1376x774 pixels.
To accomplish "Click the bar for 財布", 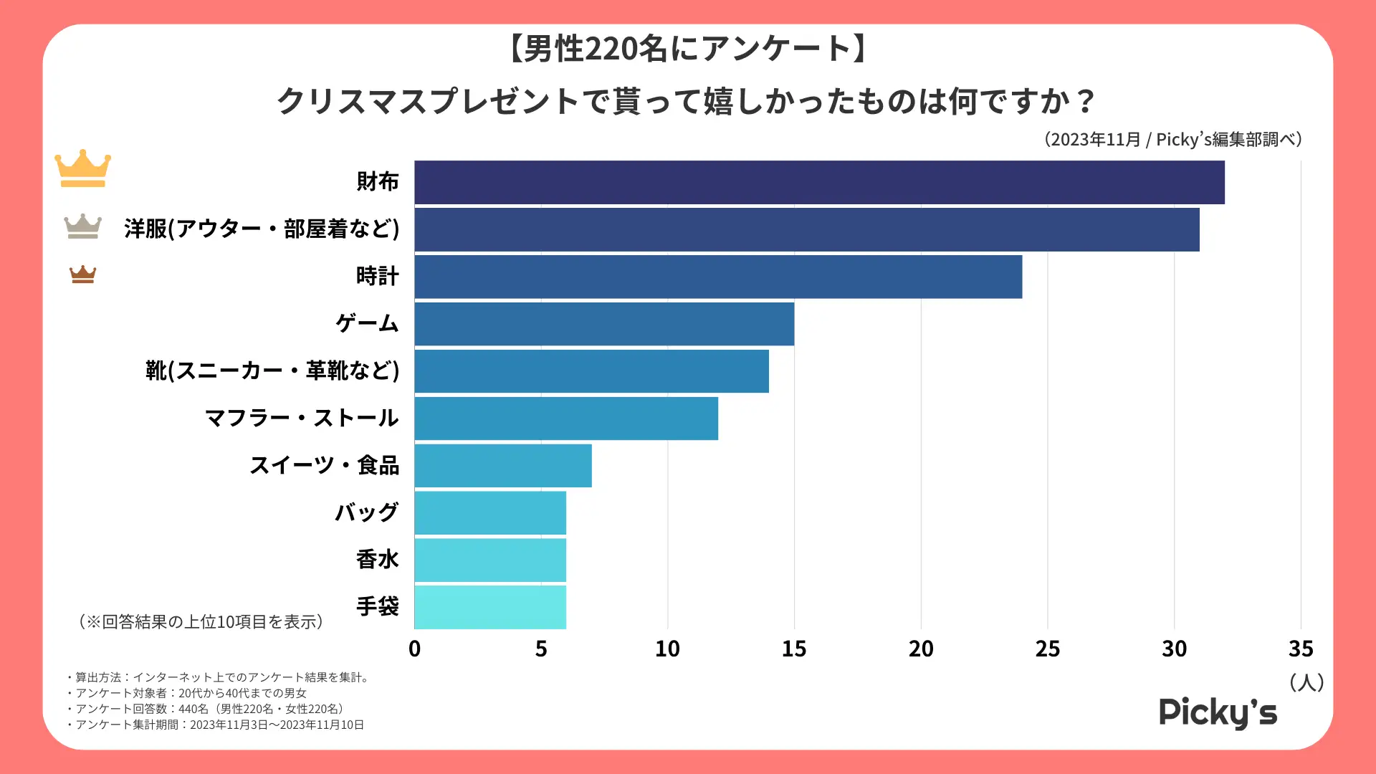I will [819, 183].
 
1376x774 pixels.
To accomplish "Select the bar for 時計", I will [718, 277].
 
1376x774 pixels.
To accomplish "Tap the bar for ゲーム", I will [604, 324].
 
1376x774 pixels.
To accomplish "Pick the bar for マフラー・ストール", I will [566, 419].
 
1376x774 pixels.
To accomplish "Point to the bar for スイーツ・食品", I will [503, 466].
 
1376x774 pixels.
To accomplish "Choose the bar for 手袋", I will [490, 607].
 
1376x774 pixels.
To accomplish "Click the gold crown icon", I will [83, 168].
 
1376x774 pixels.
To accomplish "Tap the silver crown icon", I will [83, 226].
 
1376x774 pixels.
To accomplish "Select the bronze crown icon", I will [83, 274].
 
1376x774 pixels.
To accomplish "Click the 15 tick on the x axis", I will [794, 649].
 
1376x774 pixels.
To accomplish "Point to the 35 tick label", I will [1301, 649].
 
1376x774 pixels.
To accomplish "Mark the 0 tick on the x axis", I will [414, 649].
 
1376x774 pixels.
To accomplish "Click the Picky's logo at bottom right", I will [1218, 712].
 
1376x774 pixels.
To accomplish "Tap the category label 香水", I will [378, 560].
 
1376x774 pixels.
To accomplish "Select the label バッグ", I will [367, 512].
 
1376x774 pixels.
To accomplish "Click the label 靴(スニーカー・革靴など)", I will [272, 371].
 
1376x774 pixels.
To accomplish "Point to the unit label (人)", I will [1306, 682].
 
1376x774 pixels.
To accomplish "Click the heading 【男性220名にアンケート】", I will [687, 49].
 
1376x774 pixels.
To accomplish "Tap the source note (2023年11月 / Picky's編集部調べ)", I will [1172, 139].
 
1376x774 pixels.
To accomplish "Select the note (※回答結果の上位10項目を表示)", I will [201, 622].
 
